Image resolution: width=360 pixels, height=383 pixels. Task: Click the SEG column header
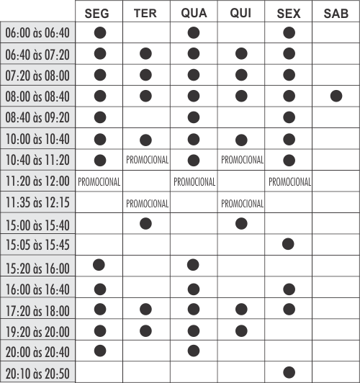pyautogui.click(x=99, y=13)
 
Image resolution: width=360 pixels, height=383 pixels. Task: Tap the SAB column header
pyautogui.click(x=336, y=13)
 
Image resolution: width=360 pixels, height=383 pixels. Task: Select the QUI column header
pyautogui.click(x=241, y=13)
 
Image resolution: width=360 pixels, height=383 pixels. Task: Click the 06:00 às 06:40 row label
pyautogui.click(x=38, y=32)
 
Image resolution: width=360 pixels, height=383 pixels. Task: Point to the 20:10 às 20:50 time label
pyautogui.click(x=38, y=373)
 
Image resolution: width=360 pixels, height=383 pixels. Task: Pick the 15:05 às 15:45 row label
pyautogui.click(x=38, y=245)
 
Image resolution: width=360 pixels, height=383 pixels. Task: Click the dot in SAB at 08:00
pyautogui.click(x=336, y=96)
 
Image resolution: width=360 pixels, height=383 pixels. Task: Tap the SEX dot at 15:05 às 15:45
pyautogui.click(x=289, y=244)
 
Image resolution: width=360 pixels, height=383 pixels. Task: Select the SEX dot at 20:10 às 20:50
pyautogui.click(x=289, y=372)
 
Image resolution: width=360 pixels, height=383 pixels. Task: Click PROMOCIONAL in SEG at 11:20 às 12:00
pyautogui.click(x=99, y=181)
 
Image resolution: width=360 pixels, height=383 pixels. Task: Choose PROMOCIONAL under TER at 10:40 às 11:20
pyautogui.click(x=147, y=160)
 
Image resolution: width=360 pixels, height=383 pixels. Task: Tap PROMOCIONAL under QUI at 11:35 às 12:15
pyautogui.click(x=241, y=203)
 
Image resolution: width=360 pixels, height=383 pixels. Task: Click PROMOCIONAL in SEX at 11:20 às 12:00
pyautogui.click(x=289, y=181)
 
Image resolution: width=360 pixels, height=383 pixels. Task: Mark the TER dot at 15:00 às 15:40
pyautogui.click(x=146, y=223)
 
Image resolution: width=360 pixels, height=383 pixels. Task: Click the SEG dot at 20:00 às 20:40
pyautogui.click(x=99, y=351)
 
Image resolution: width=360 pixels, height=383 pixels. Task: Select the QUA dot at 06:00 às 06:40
pyautogui.click(x=193, y=32)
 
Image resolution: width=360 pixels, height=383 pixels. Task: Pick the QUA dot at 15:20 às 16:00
pyautogui.click(x=193, y=265)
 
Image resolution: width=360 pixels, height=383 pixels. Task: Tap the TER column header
pyautogui.click(x=147, y=13)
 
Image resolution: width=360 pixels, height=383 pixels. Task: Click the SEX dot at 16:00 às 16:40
pyautogui.click(x=289, y=289)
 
